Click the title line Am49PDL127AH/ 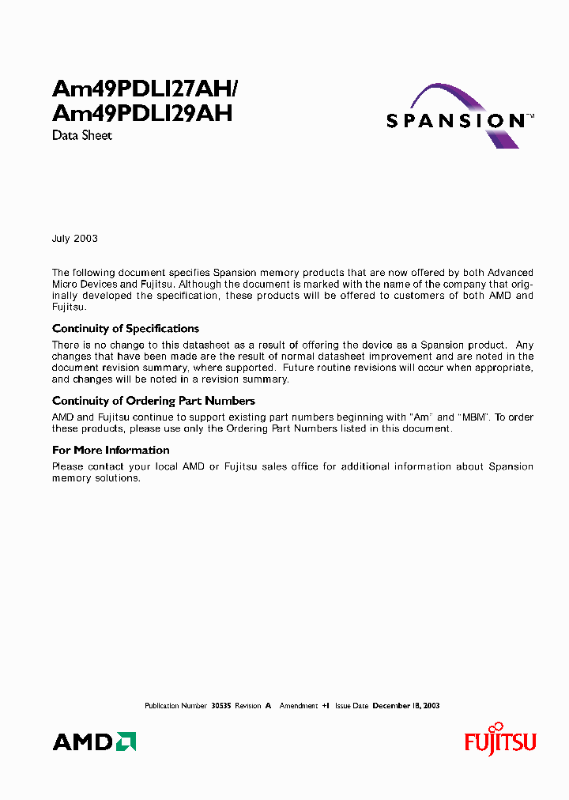pyautogui.click(x=151, y=88)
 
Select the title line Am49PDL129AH pyautogui.click(x=142, y=113)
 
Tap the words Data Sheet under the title pyautogui.click(x=82, y=135)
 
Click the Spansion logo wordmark pyautogui.click(x=455, y=121)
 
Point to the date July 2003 pyautogui.click(x=75, y=238)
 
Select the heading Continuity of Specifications pyautogui.click(x=126, y=328)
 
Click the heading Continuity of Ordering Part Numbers pyautogui.click(x=153, y=401)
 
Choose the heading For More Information pyautogui.click(x=111, y=450)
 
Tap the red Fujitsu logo pyautogui.click(x=499, y=741)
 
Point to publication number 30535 pyautogui.click(x=220, y=705)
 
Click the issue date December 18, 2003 pyautogui.click(x=406, y=705)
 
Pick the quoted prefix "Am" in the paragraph pyautogui.click(x=424, y=417)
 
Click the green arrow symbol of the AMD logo pyautogui.click(x=126, y=742)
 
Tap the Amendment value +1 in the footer pyautogui.click(x=326, y=705)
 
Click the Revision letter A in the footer pyautogui.click(x=268, y=705)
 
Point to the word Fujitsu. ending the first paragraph pyautogui.click(x=70, y=307)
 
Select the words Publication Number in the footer pyautogui.click(x=175, y=705)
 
